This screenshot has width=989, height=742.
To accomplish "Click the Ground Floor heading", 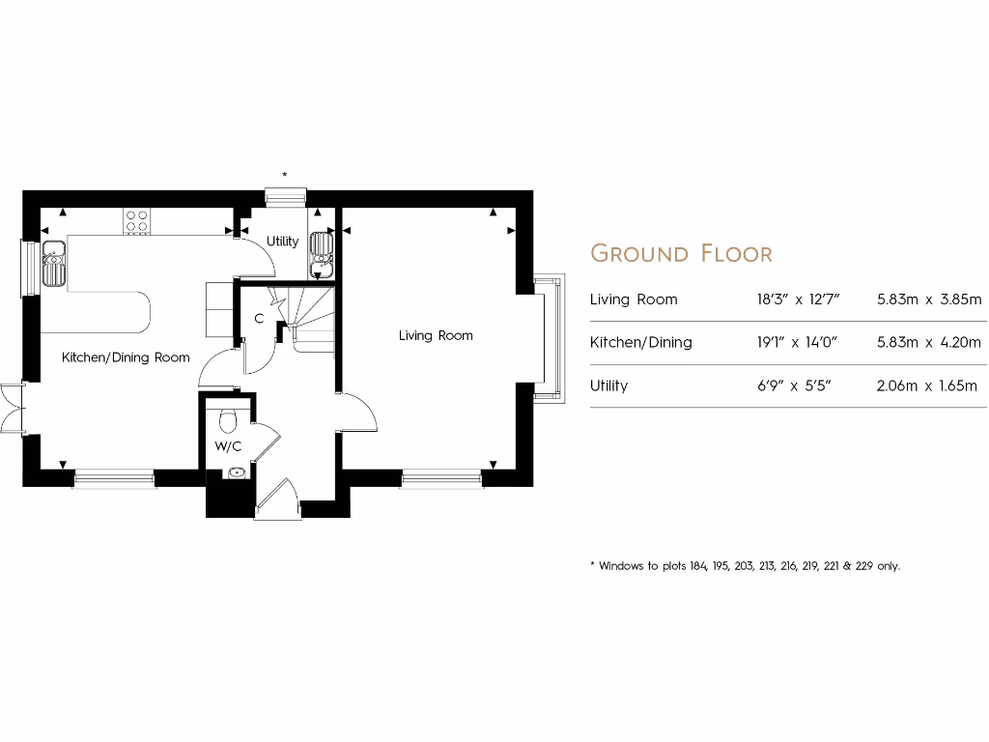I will point(681,254).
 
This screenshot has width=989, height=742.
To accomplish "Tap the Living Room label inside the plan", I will point(436,336).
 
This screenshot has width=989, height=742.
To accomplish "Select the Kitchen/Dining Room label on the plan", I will point(126,357).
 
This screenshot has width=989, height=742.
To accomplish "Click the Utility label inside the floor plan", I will point(282,242).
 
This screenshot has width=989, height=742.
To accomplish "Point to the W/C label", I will point(227,446).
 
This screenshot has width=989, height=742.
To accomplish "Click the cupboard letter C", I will point(259,318).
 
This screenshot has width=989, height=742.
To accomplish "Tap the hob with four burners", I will point(136,221).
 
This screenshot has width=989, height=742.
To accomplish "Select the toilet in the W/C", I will point(229,420).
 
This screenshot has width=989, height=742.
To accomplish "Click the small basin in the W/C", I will point(236,473).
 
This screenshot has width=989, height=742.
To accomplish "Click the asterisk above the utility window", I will point(284,175).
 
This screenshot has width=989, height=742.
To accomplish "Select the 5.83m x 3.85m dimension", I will point(928,300).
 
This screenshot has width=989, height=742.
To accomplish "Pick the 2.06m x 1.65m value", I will point(928,385).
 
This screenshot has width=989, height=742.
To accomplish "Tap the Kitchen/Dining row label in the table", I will point(640,342).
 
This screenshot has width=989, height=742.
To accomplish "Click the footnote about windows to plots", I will point(744,566).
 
